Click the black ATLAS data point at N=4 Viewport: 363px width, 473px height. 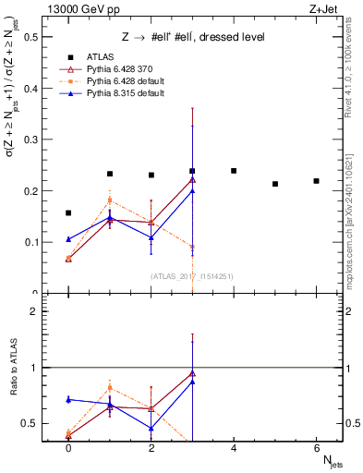pos(234,171)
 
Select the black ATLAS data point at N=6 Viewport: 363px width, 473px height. pos(316,181)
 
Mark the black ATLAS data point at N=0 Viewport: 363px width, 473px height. pos(68,212)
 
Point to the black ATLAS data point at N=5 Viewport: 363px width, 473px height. pos(275,184)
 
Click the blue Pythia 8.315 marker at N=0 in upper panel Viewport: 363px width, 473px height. pos(68,239)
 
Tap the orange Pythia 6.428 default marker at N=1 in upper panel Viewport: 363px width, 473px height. pos(110,200)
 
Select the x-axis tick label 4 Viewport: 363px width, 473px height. pos(234,447)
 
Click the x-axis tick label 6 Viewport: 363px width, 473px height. pos(316,447)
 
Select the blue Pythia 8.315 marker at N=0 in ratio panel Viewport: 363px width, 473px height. pos(68,399)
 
